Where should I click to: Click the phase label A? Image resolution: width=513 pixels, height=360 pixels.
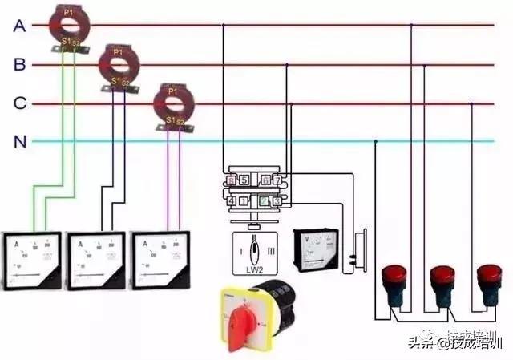click(x=19, y=26)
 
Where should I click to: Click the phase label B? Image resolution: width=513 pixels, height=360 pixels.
click(x=19, y=65)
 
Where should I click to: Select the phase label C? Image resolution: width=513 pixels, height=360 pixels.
click(x=19, y=103)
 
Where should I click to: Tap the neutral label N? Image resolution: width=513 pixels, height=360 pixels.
click(x=19, y=142)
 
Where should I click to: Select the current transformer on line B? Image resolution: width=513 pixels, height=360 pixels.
click(x=119, y=65)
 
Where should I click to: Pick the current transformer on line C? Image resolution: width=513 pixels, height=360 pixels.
click(x=173, y=102)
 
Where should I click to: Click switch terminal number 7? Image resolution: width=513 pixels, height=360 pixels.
click(x=277, y=180)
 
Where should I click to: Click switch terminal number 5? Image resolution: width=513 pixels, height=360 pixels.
click(x=243, y=180)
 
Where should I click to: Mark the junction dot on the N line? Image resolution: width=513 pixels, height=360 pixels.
click(x=375, y=142)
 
